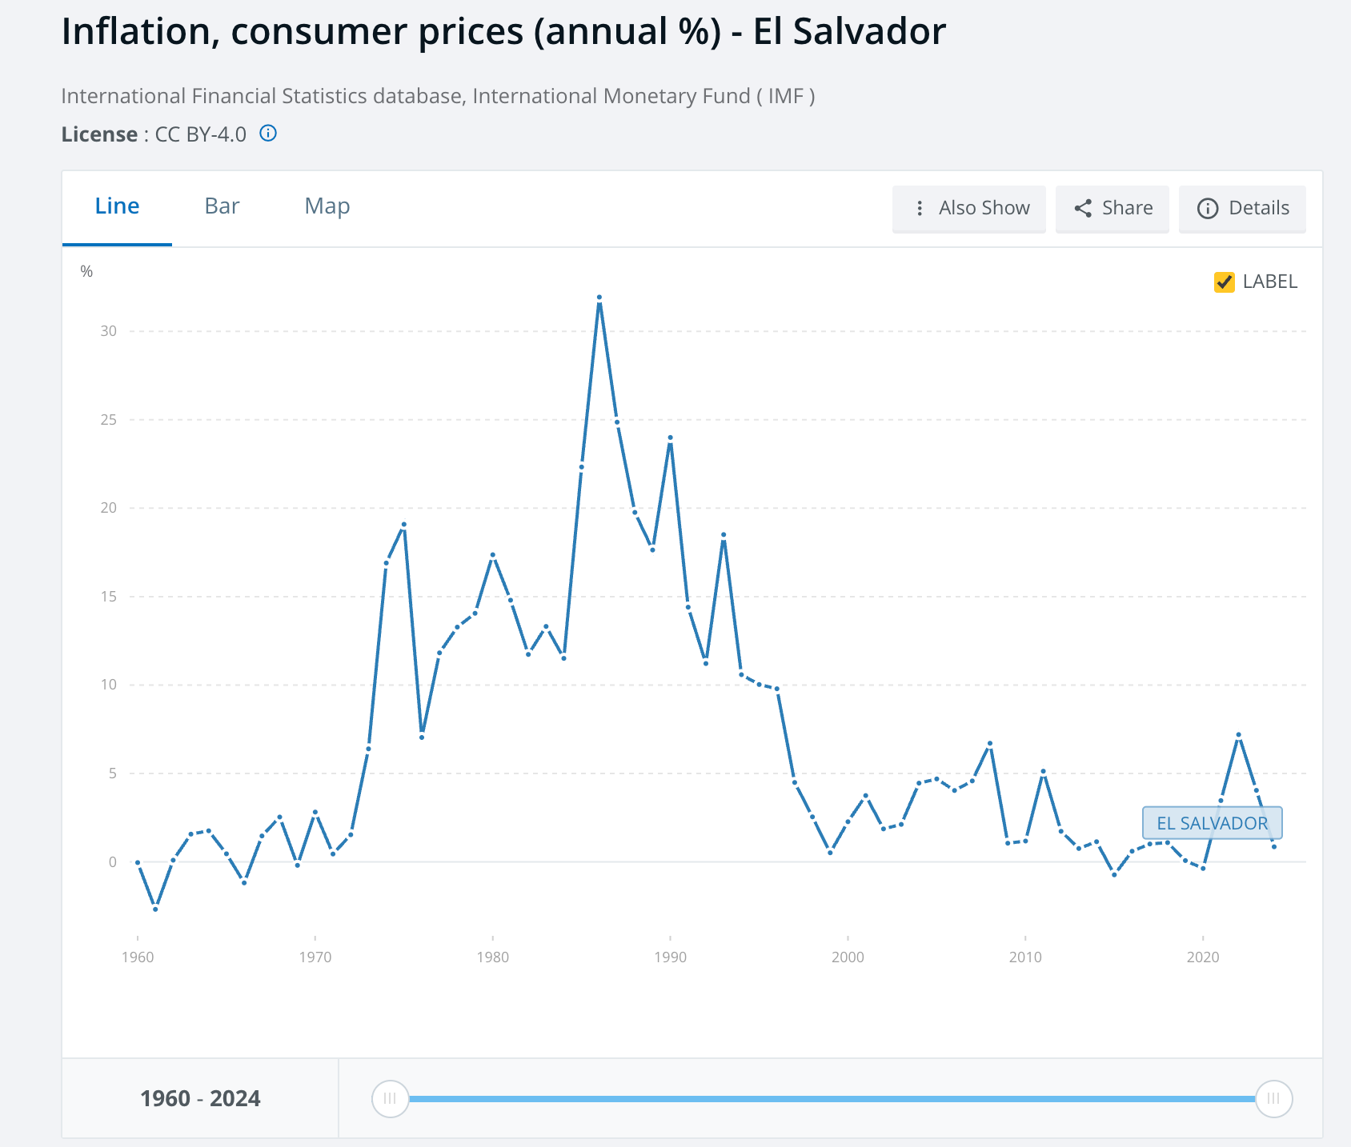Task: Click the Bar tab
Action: (x=222, y=206)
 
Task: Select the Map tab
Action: (x=327, y=206)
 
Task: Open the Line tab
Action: (x=117, y=206)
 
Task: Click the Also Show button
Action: (x=969, y=208)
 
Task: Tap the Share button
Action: (x=1112, y=208)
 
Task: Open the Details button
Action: (x=1242, y=208)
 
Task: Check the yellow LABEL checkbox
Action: (x=1224, y=282)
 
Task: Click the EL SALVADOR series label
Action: (x=1212, y=823)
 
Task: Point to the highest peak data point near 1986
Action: (x=599, y=298)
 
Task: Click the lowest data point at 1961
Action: (x=155, y=909)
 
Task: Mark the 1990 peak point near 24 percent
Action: (x=671, y=438)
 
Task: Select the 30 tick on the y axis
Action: (x=109, y=331)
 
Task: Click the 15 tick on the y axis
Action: (x=109, y=597)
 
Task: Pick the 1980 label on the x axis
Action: (x=492, y=957)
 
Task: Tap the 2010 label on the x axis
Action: (x=1025, y=957)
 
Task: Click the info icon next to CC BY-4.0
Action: (x=268, y=134)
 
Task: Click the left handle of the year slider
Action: (x=391, y=1098)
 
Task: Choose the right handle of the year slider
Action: (x=1273, y=1098)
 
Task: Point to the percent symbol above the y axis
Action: (x=86, y=272)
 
